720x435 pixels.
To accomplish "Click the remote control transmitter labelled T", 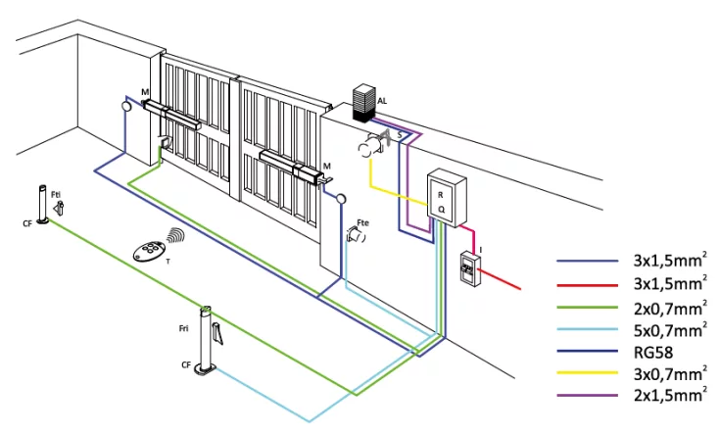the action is coord(148,251).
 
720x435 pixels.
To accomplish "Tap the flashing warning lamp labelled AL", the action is coord(364,103).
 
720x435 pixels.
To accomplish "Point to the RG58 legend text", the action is coord(653,353).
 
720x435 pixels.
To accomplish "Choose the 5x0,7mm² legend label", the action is coord(670,329).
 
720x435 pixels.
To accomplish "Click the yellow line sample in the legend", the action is coord(588,373).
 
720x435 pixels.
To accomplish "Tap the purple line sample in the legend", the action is coord(588,395).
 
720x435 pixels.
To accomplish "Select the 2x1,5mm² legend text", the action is coord(670,395).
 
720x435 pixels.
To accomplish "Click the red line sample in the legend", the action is coord(588,285).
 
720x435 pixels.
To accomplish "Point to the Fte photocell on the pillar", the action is coord(356,235).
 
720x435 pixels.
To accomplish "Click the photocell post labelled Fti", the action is coord(43,205).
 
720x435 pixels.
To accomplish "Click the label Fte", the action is coord(362,222).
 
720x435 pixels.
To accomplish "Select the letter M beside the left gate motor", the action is coord(145,93).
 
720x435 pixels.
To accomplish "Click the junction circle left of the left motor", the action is coord(126,107).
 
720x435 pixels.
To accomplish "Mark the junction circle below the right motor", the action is coord(341,199).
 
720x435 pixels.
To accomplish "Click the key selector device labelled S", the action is coord(373,143).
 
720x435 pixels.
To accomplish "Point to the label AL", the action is coord(382,101).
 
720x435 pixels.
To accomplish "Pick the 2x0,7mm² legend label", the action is coord(670,308).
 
